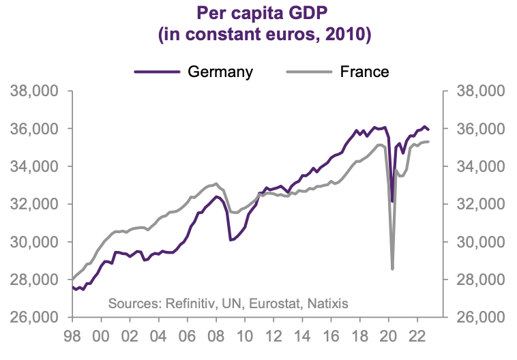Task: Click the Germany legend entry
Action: (x=220, y=72)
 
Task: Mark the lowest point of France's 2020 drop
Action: (x=392, y=269)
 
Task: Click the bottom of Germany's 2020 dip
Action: (x=392, y=201)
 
